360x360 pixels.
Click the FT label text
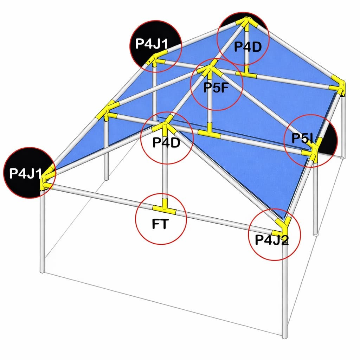(x=160, y=224)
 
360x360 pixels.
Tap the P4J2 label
(x=272, y=240)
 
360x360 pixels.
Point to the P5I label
(x=302, y=138)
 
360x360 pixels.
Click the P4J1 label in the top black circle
(x=152, y=44)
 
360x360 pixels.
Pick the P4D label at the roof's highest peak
(x=248, y=46)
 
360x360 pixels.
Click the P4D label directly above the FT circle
(x=166, y=143)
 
